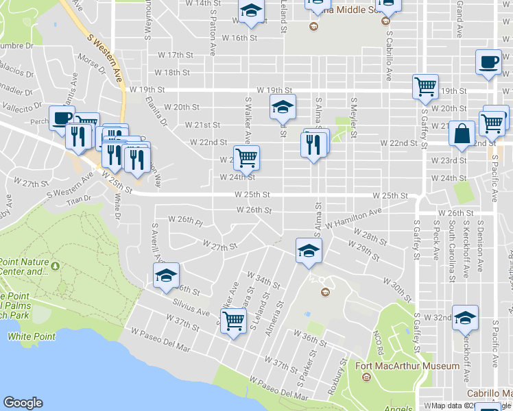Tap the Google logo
coord(23,403)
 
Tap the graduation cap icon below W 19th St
coord(282,107)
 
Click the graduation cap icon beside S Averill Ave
coord(165,275)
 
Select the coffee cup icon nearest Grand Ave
coord(488,62)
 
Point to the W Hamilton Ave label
coord(354,220)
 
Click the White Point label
coord(25,336)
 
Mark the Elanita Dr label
coord(162,112)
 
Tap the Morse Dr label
coord(92,64)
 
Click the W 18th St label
coord(171,72)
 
